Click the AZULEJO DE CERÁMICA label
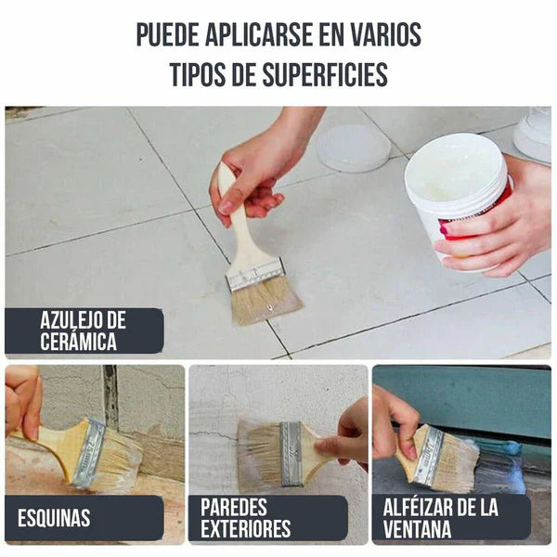pyautogui.click(x=84, y=331)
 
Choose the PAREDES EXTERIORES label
pyautogui.click(x=246, y=518)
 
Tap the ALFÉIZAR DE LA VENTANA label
pyautogui.click(x=441, y=518)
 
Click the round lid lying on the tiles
pyautogui.click(x=353, y=148)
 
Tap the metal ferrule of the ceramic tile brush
pyautogui.click(x=254, y=275)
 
